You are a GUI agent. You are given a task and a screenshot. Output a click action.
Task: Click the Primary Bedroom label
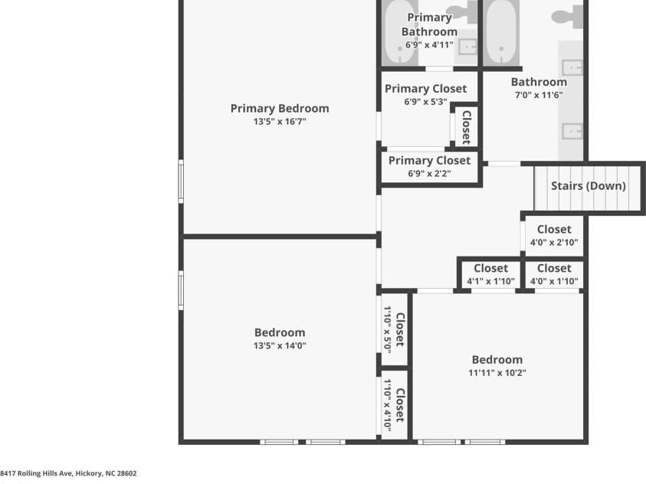pyautogui.click(x=280, y=108)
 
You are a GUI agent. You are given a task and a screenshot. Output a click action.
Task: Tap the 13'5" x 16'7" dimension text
pyautogui.click(x=280, y=122)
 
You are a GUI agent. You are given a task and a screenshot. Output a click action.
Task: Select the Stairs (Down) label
pyautogui.click(x=589, y=186)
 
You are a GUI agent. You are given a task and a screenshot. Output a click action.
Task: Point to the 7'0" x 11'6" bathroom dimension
pyautogui.click(x=539, y=95)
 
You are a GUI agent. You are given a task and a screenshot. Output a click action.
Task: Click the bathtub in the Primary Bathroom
pyautogui.click(x=400, y=32)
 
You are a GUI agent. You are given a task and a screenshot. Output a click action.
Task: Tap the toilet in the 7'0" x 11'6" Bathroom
pyautogui.click(x=568, y=15)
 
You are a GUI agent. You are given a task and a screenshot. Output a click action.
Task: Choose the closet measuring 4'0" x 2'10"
pyautogui.click(x=554, y=235)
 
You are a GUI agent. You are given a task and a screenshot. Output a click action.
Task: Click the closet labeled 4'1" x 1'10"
pyautogui.click(x=490, y=274)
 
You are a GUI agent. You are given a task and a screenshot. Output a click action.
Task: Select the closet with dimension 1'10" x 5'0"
pyautogui.click(x=394, y=329)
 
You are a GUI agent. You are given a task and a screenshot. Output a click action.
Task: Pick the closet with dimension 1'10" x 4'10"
pyautogui.click(x=394, y=405)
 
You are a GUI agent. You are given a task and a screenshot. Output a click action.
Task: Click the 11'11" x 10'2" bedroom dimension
pyautogui.click(x=497, y=373)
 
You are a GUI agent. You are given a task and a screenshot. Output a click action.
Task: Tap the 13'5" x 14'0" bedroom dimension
pyautogui.click(x=280, y=345)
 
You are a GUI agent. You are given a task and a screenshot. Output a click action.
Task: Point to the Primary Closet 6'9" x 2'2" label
pyautogui.click(x=429, y=166)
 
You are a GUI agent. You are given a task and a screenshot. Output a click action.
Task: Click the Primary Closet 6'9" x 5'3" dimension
pyautogui.click(x=425, y=102)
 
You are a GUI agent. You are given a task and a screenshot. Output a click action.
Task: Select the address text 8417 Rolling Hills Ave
pyautogui.click(x=36, y=473)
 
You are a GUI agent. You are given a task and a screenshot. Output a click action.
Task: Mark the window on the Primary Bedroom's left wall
pyautogui.click(x=181, y=181)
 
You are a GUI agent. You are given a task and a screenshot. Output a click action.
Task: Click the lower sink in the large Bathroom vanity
pyautogui.click(x=572, y=132)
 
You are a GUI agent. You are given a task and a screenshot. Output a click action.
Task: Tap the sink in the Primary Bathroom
pyautogui.click(x=467, y=47)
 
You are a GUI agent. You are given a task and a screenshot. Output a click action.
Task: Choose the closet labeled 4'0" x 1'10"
pyautogui.click(x=554, y=274)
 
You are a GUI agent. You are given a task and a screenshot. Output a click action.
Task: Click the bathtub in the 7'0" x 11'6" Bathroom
pyautogui.click(x=501, y=32)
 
